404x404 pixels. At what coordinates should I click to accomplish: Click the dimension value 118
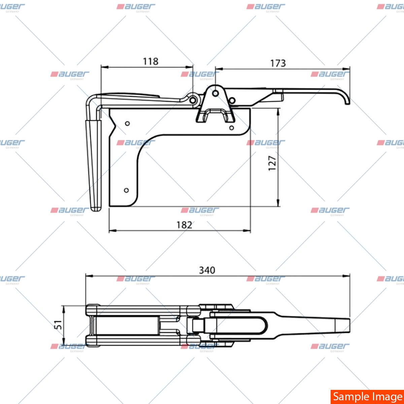(150, 61)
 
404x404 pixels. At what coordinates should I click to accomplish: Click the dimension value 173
(278, 63)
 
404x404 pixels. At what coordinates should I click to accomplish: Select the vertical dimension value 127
(272, 163)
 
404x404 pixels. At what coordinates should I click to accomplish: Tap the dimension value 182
(184, 225)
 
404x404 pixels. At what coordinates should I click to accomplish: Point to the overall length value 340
(207, 270)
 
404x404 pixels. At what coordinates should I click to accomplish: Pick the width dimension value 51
(58, 325)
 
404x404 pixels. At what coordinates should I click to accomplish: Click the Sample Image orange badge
(367, 397)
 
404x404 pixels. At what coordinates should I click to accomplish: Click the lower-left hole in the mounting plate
(127, 190)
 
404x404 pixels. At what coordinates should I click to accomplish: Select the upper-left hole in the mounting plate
(127, 124)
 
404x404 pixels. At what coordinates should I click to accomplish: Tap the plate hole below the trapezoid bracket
(231, 128)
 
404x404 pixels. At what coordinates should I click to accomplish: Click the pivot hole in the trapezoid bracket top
(215, 93)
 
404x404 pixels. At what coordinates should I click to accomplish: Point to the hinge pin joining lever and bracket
(193, 100)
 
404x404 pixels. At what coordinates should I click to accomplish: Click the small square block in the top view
(198, 325)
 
